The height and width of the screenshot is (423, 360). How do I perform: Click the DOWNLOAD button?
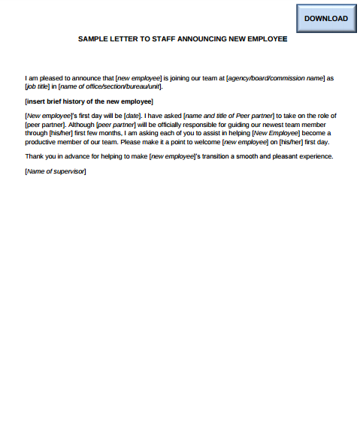[326, 18]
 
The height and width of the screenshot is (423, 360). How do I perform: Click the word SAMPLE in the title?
[93, 39]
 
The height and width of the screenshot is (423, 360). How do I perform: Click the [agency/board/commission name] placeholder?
[280, 77]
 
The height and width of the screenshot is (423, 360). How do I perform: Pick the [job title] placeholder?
[38, 86]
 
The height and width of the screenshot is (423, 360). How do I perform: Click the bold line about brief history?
[89, 101]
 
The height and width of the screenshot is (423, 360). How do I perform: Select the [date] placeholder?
[132, 115]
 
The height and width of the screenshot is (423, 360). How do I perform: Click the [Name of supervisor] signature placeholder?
[56, 171]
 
